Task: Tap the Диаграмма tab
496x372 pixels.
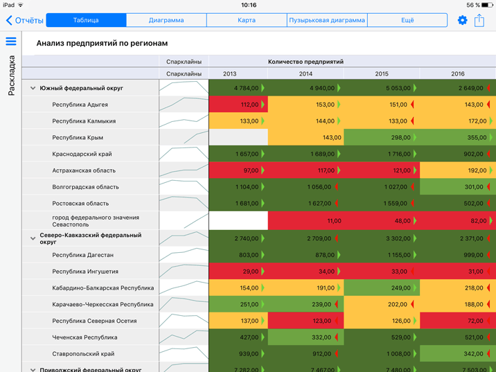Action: (166, 20)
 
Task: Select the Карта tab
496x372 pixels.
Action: (247, 20)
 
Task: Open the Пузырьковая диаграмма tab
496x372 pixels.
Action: (327, 20)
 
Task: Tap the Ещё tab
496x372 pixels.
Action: (407, 20)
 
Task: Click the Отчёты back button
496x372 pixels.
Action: (24, 20)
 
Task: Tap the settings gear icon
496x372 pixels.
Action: (463, 20)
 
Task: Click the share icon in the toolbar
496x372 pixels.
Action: (479, 20)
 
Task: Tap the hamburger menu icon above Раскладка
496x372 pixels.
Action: (11, 42)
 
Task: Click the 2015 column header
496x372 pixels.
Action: (382, 73)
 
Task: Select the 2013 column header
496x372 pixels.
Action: (230, 73)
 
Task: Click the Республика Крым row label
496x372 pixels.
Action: (80, 138)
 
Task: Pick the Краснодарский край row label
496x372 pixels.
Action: (82, 154)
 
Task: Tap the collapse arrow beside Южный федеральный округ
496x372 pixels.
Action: (33, 89)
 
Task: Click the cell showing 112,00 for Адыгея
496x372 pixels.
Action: (238, 105)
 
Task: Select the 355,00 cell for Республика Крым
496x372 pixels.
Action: (457, 138)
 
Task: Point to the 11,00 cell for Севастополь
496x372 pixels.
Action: (305, 221)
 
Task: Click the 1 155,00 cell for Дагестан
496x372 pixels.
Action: (382, 255)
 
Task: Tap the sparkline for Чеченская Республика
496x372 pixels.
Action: (184, 337)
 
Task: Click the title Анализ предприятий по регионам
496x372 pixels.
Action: (102, 43)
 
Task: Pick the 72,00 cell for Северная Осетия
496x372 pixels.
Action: (457, 321)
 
